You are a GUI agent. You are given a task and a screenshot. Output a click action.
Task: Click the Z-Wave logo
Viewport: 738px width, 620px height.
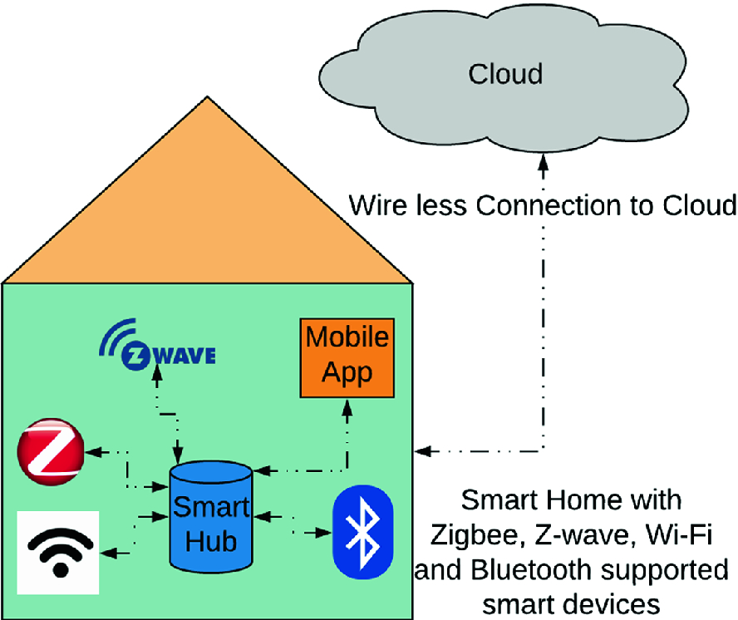coord(157,349)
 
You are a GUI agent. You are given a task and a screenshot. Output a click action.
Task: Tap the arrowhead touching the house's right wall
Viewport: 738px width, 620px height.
coord(421,452)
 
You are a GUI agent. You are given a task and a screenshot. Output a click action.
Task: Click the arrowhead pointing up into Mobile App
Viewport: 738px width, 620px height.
coord(347,407)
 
